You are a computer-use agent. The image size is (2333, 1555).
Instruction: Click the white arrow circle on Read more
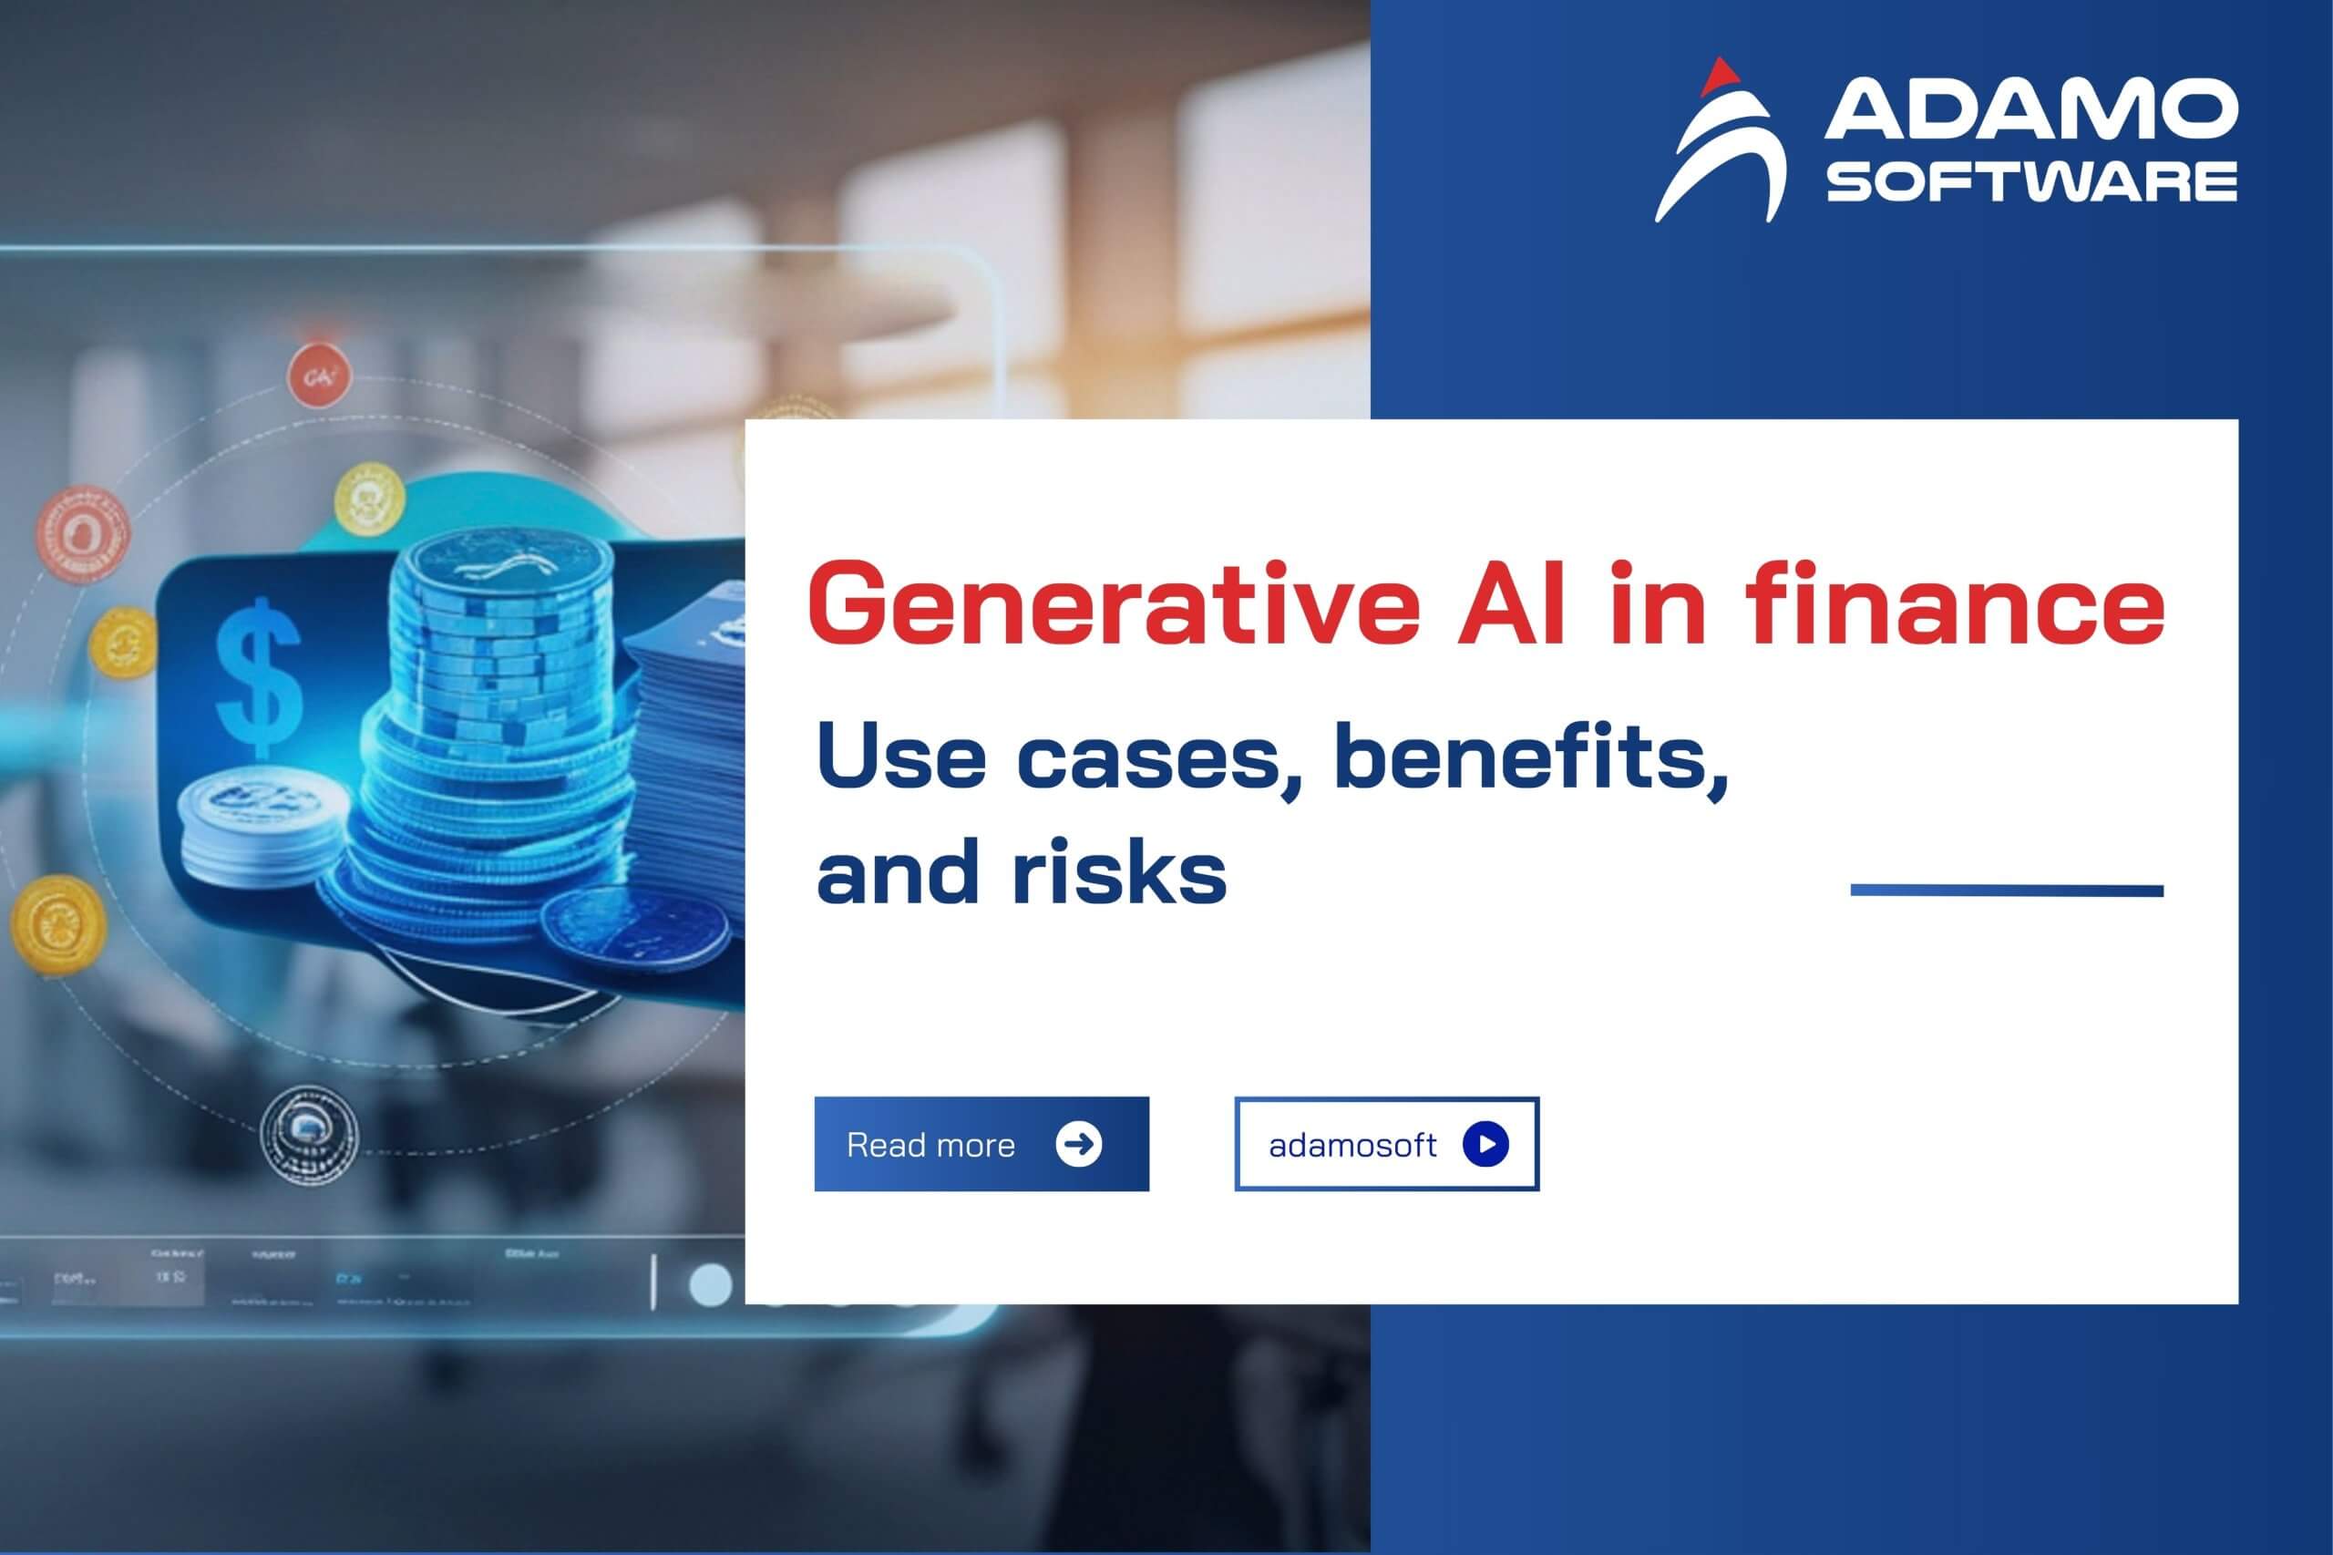1079,1143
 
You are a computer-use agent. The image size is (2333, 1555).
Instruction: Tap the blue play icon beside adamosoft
1485,1143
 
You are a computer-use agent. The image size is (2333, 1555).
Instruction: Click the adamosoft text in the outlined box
1351,1146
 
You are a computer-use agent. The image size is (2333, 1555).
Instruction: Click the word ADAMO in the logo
2030,111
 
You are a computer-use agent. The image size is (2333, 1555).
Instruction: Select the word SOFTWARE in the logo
2030,183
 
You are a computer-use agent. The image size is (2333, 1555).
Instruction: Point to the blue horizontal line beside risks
2007,891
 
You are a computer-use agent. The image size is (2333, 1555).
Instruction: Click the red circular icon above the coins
319,376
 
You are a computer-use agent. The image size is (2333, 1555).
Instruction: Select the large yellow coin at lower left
57,924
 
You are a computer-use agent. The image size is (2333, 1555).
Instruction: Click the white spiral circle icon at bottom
309,1131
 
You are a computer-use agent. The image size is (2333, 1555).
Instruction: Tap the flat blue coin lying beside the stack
634,929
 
